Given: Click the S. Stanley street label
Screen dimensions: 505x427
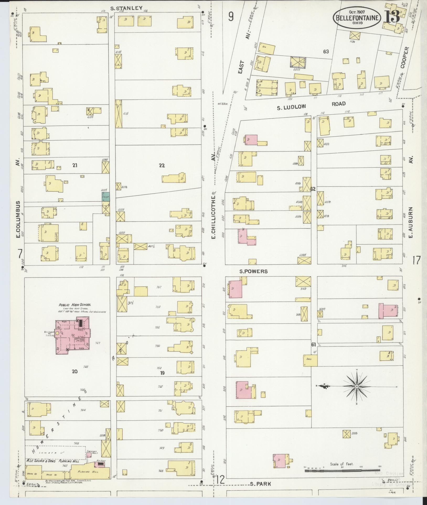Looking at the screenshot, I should (x=126, y=8).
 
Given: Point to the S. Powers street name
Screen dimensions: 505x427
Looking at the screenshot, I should (x=253, y=271).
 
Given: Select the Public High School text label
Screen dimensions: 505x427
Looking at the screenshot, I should (x=75, y=305).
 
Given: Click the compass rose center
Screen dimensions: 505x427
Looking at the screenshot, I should (x=357, y=387).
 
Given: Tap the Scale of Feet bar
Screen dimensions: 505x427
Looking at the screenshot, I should (x=341, y=471).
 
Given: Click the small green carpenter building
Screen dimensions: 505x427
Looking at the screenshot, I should (x=106, y=197).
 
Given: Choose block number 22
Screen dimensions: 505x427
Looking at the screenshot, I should (x=162, y=165).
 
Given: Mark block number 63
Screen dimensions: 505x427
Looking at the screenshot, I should (x=326, y=52).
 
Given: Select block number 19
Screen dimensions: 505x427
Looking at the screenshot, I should (x=162, y=373).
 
